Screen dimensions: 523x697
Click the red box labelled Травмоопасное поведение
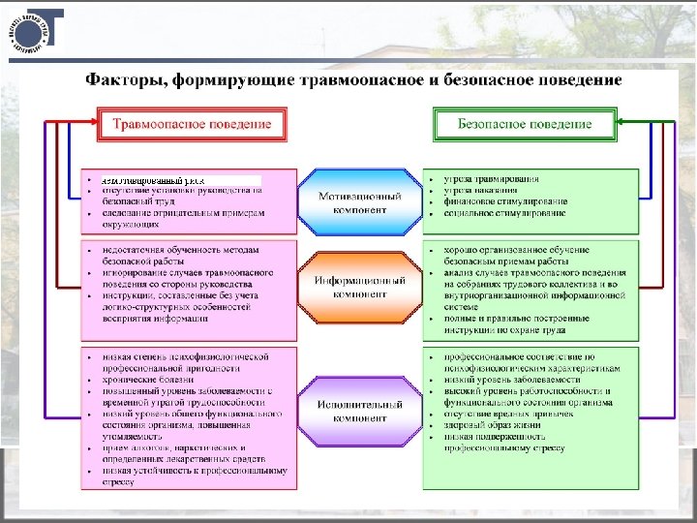192,124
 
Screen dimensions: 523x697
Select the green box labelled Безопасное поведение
526,124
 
